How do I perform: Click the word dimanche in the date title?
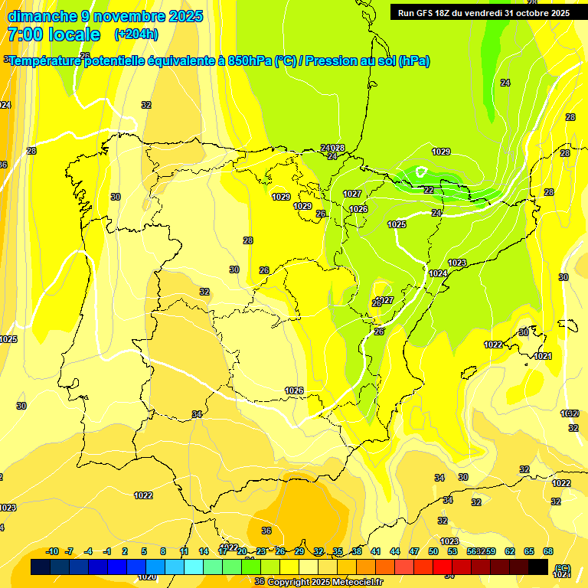click(x=42, y=16)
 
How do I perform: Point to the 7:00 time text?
click(x=24, y=34)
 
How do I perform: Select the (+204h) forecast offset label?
click(x=136, y=34)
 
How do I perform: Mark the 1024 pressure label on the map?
click(x=438, y=273)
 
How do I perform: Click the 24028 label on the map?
click(x=332, y=148)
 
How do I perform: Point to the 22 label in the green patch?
click(x=429, y=190)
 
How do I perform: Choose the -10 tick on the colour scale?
click(x=52, y=551)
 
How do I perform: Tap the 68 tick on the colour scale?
click(x=548, y=551)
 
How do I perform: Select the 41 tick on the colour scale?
click(x=376, y=551)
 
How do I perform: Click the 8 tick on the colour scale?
click(x=163, y=551)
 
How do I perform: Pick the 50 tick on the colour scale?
click(x=433, y=551)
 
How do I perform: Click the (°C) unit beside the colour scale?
click(x=562, y=568)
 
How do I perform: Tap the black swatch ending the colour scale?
click(x=538, y=567)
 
